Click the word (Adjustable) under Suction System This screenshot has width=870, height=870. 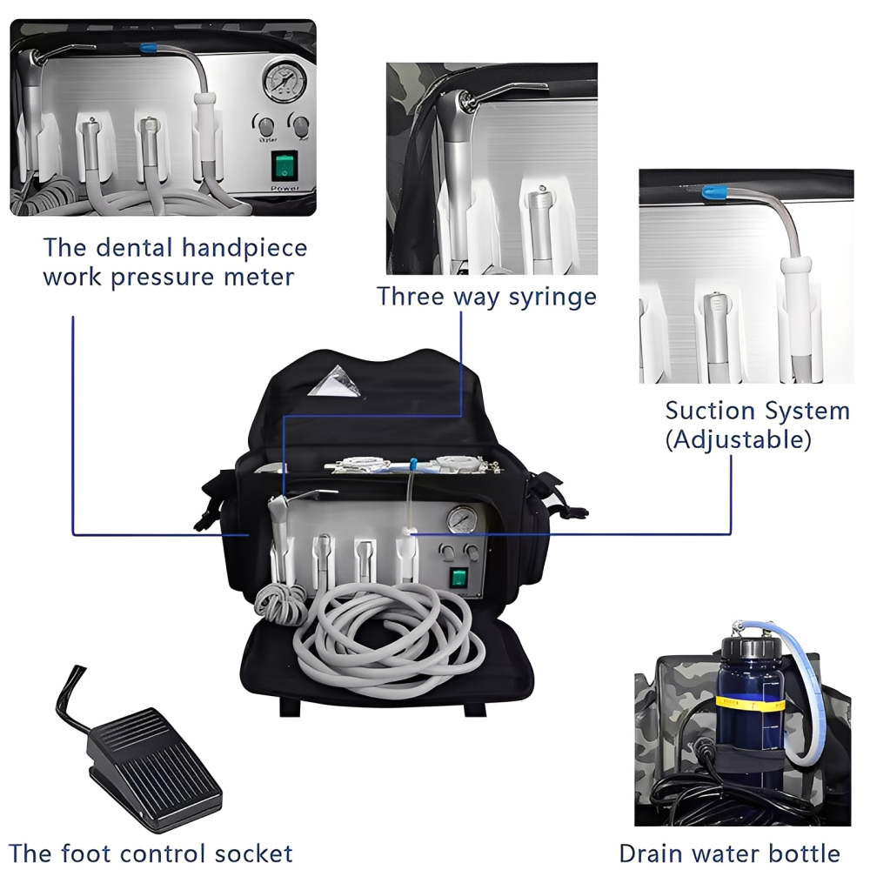[738, 439]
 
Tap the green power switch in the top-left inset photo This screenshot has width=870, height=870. [284, 164]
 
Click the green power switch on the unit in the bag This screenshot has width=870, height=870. [458, 579]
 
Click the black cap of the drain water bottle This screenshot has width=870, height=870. [745, 649]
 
